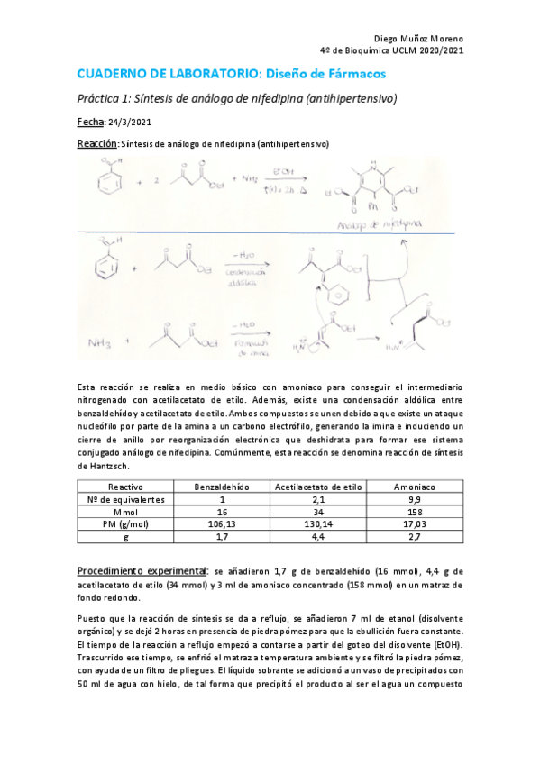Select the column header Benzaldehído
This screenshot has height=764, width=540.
pos(222,486)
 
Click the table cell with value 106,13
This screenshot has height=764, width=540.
pos(222,523)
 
